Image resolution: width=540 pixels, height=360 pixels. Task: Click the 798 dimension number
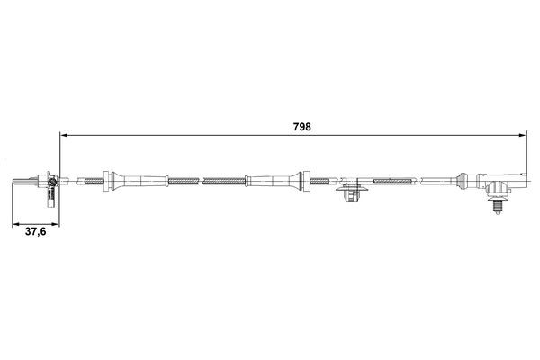pos(301,127)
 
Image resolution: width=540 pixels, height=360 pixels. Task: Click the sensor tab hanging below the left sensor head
pos(43,193)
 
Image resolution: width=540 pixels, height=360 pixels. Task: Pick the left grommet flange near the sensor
pos(107,181)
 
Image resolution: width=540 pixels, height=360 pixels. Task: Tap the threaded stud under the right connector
pos(496,205)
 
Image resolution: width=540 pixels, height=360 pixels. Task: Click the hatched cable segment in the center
pos(222,181)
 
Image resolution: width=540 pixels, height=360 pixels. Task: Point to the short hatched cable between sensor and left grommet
pos(89,181)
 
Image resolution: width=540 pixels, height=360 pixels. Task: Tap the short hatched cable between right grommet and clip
pos(320,181)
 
